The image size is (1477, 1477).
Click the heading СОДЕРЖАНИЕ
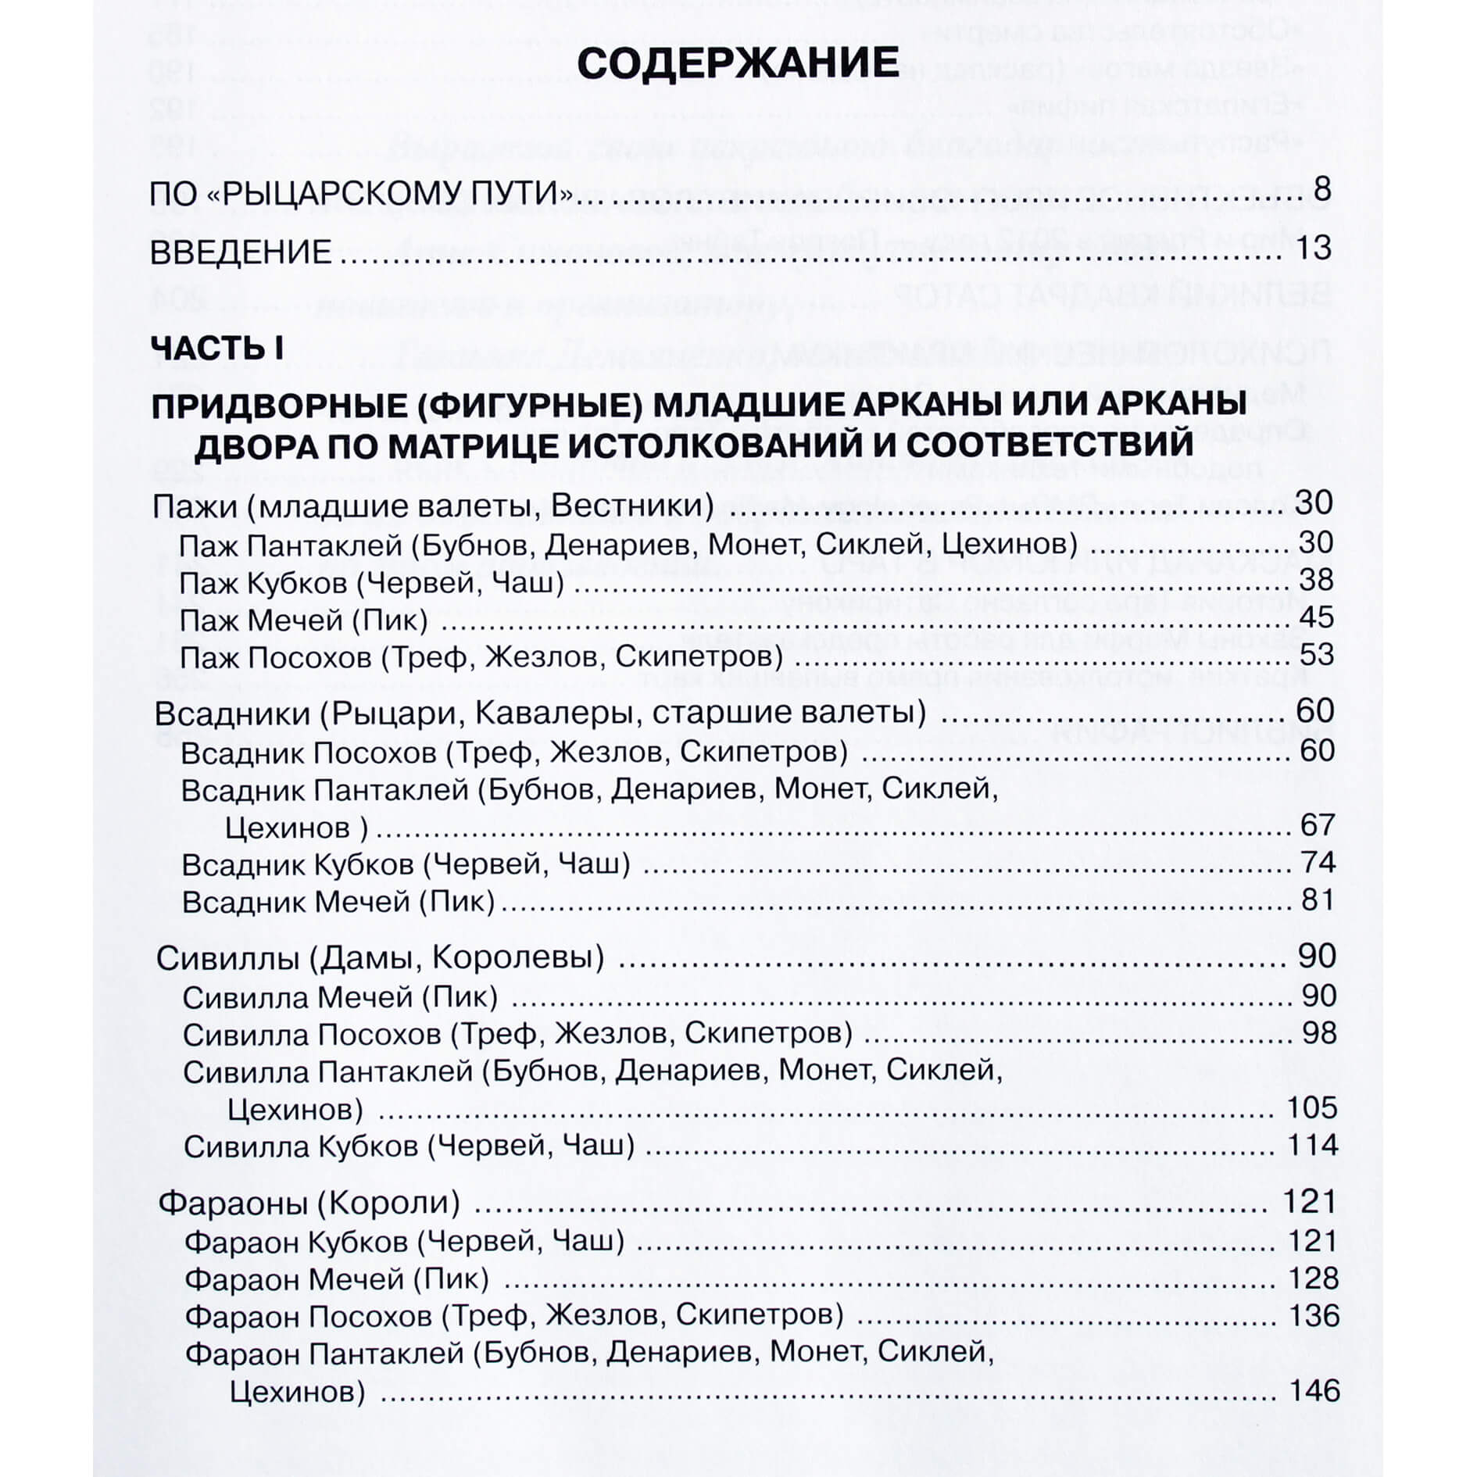point(738,63)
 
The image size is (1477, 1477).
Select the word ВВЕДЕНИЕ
point(241,252)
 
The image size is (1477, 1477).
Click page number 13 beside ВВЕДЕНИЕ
point(1312,248)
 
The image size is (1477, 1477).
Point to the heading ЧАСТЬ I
point(216,348)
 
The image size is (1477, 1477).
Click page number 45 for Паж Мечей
point(1315,617)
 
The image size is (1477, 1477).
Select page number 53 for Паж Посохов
point(1315,654)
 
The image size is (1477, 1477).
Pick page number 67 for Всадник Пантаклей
point(1318,824)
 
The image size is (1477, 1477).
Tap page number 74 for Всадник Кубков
point(1318,862)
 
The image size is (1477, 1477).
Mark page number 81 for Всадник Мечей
point(1318,899)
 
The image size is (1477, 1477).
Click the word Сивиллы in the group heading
point(227,958)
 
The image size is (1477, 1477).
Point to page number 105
point(1311,1107)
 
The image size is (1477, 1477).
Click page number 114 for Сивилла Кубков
point(1312,1145)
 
